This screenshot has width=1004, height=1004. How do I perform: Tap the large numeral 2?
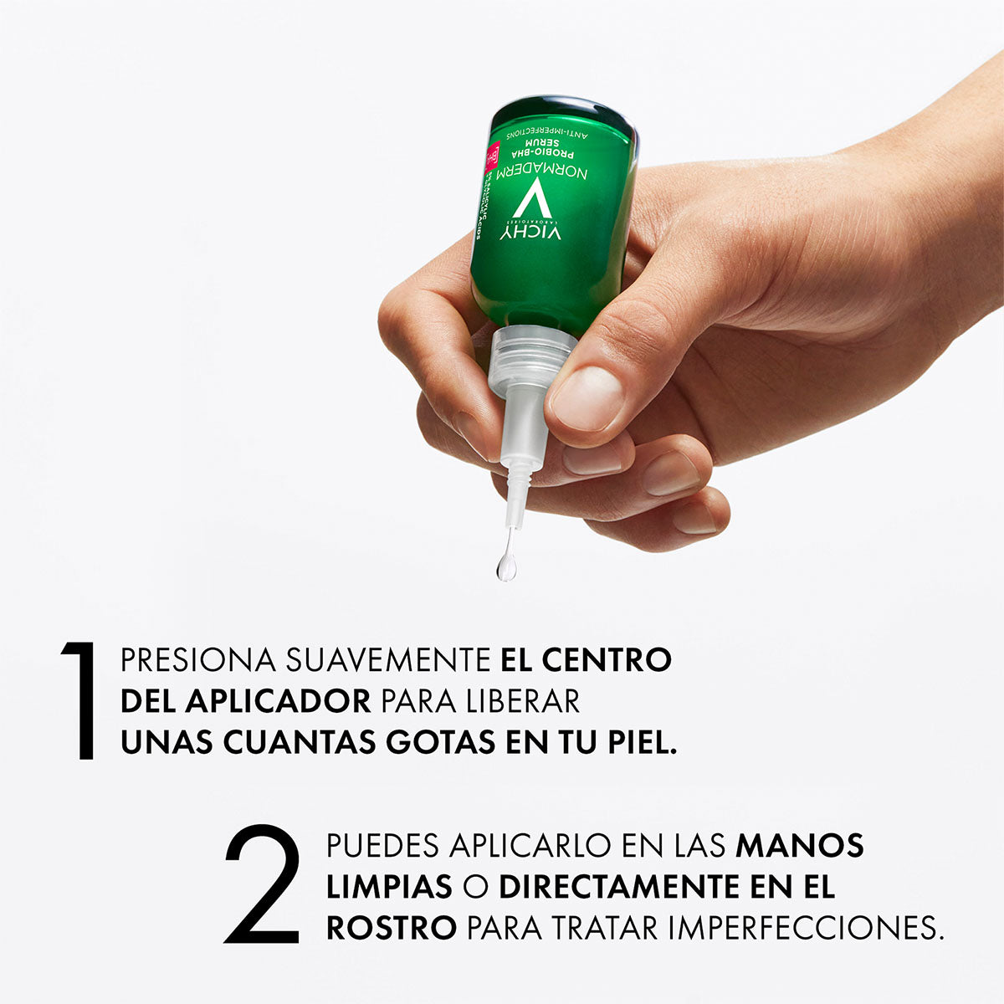pos(263,884)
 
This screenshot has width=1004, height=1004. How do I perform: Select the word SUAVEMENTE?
pos(388,660)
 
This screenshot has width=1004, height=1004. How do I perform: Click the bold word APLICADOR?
pos(277,701)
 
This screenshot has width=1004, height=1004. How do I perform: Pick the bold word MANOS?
pos(800,846)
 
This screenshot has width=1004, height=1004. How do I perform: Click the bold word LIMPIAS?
pos(390,887)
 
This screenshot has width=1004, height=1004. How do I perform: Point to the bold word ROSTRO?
pos(392,928)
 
